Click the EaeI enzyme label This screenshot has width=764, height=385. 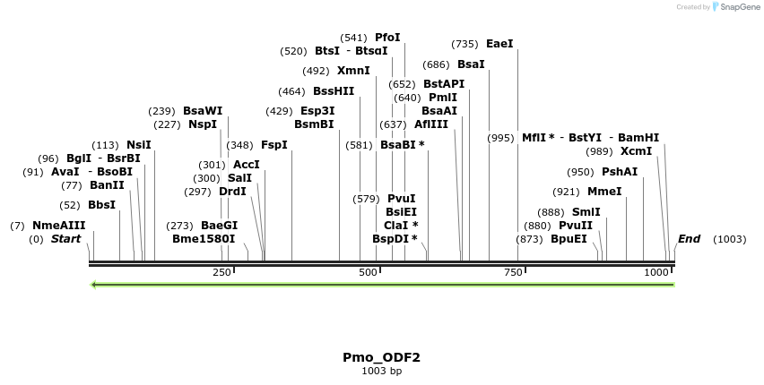(x=499, y=44)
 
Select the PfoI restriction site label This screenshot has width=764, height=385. (x=387, y=38)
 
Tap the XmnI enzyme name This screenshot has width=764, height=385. (x=353, y=71)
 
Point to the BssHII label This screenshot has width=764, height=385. (x=334, y=91)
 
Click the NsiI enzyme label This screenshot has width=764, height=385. (x=139, y=145)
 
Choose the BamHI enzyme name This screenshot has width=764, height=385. (x=638, y=138)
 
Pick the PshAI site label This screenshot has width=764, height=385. (x=620, y=172)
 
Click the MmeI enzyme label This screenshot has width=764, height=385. (x=604, y=192)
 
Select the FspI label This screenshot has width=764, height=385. (x=274, y=145)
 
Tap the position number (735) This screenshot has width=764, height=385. (x=464, y=44)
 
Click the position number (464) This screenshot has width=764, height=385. (x=291, y=92)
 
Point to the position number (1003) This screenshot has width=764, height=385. (x=729, y=239)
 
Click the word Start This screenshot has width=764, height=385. (x=65, y=239)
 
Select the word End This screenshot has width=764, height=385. (x=689, y=239)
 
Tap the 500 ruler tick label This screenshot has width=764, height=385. (x=368, y=272)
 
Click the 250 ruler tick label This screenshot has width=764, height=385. (x=221, y=272)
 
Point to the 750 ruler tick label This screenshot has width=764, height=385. (x=513, y=272)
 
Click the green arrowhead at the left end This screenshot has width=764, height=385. (x=93, y=285)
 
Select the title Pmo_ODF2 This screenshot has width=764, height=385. (x=381, y=357)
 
